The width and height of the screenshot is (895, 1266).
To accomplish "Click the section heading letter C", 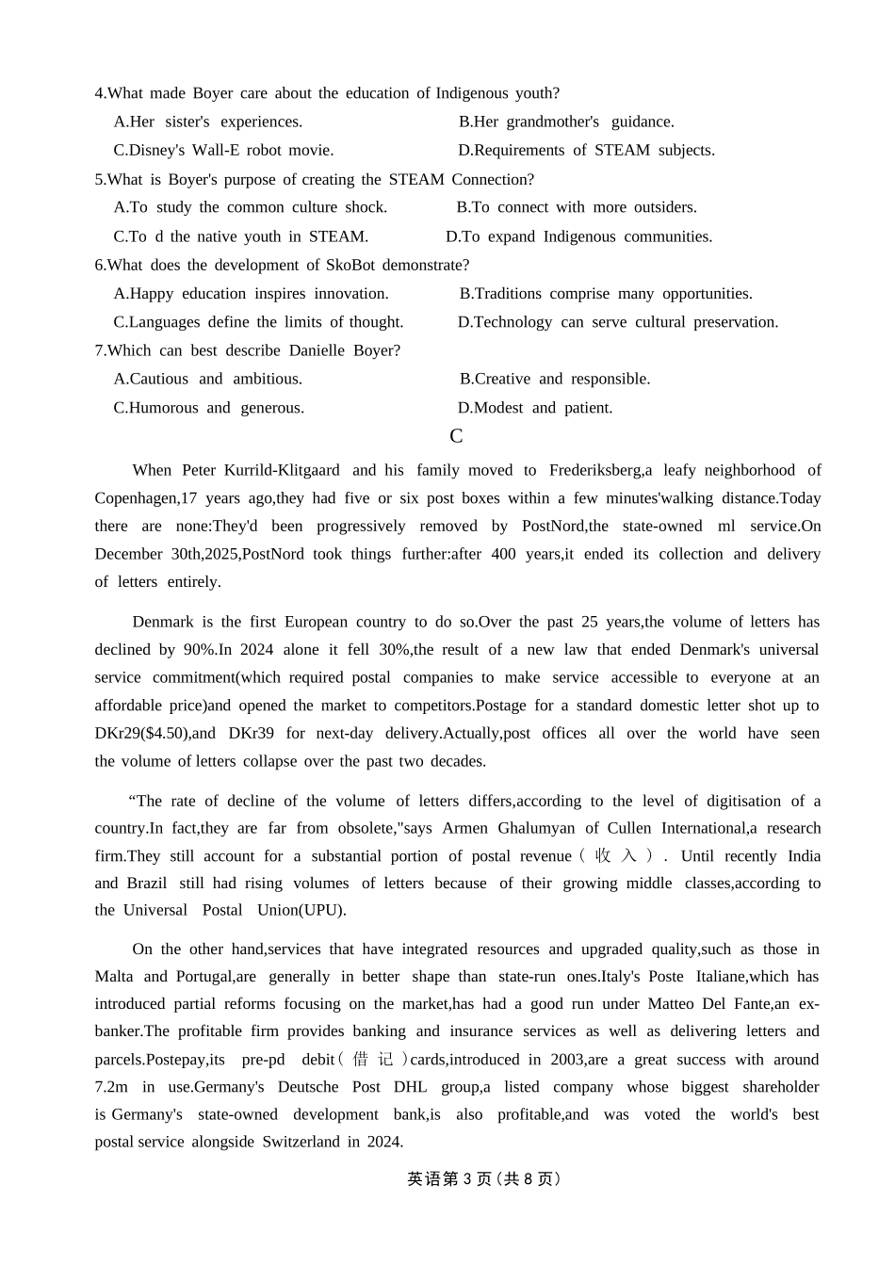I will (456, 436).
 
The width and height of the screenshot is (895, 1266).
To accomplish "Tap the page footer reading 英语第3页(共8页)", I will (483, 1178).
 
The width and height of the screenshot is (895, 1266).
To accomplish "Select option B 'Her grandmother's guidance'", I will (566, 122).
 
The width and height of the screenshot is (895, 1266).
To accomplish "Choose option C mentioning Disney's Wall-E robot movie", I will (223, 150).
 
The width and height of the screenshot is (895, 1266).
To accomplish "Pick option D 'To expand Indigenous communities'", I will (578, 236).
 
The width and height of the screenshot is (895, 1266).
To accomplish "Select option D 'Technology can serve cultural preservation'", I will (618, 322).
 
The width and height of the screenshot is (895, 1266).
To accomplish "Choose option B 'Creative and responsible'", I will (555, 379).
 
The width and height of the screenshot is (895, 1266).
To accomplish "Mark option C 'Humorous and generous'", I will (208, 408).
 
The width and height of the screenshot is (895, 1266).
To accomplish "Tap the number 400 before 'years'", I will (503, 554).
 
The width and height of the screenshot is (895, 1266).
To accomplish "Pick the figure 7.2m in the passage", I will (111, 1087).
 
